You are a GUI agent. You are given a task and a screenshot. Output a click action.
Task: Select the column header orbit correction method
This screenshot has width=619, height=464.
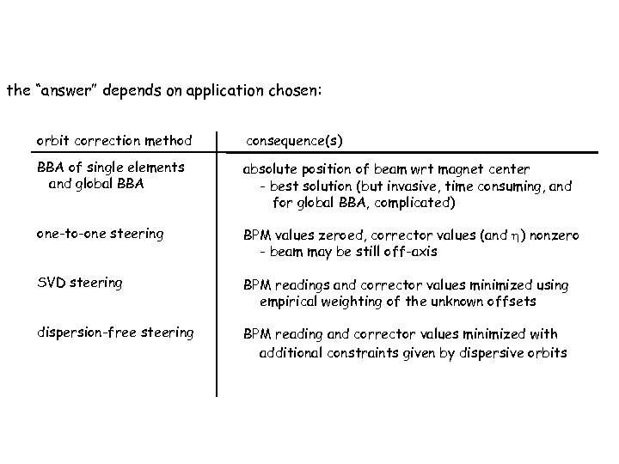pyautogui.click(x=113, y=139)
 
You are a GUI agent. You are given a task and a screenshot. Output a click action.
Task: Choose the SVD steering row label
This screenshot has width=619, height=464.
pyautogui.click(x=79, y=282)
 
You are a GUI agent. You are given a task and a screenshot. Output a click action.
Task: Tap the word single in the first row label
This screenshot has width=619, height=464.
pyautogui.click(x=103, y=168)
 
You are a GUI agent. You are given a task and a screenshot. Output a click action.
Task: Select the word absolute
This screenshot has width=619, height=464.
pyautogui.click(x=270, y=169)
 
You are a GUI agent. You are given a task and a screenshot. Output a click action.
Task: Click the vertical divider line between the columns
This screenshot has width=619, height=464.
pyautogui.click(x=217, y=258)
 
